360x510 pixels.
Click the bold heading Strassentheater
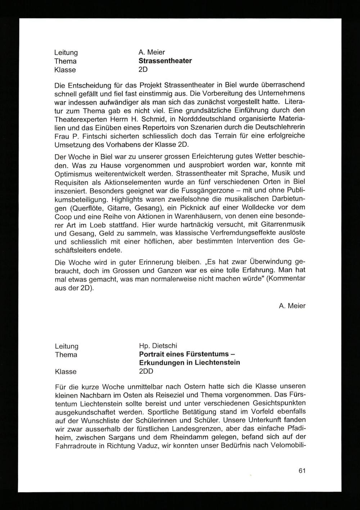coord(165,61)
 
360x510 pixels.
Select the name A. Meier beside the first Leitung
coord(152,52)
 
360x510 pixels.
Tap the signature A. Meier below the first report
coord(292,306)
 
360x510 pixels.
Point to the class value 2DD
coord(146,371)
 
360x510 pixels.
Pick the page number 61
coord(302,471)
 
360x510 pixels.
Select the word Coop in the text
coord(63,217)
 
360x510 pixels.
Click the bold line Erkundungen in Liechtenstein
coord(189,362)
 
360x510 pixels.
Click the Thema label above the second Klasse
coord(66,355)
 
